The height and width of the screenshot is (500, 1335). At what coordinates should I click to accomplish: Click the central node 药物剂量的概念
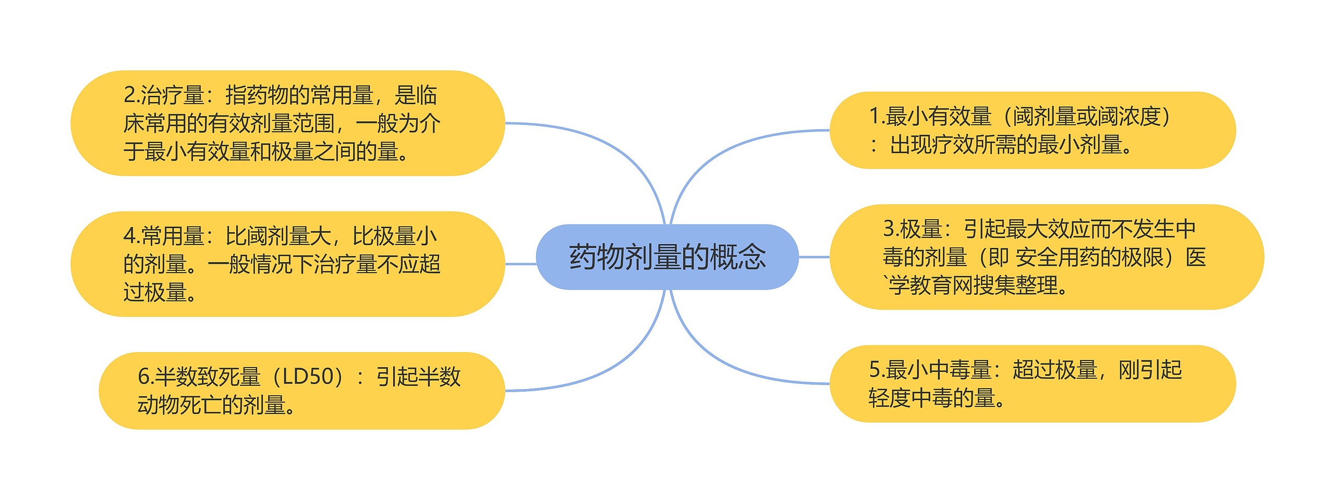click(667, 257)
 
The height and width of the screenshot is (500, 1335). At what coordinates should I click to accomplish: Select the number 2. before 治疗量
click(131, 95)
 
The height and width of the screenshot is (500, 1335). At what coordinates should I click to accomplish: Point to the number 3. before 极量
click(891, 229)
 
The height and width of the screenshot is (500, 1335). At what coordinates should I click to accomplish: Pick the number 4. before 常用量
click(131, 236)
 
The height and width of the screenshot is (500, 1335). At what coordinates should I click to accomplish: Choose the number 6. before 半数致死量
click(145, 377)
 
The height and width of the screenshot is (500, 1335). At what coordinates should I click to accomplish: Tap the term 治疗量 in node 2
click(172, 95)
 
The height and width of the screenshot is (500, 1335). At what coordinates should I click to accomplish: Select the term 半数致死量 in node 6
click(208, 377)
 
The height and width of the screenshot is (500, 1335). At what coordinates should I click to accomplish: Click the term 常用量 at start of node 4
click(172, 236)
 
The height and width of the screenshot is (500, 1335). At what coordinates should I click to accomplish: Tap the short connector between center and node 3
click(814, 257)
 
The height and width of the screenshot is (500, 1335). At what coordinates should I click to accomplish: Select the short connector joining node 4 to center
click(520, 264)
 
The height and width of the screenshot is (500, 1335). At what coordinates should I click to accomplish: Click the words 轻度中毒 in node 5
click(911, 398)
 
